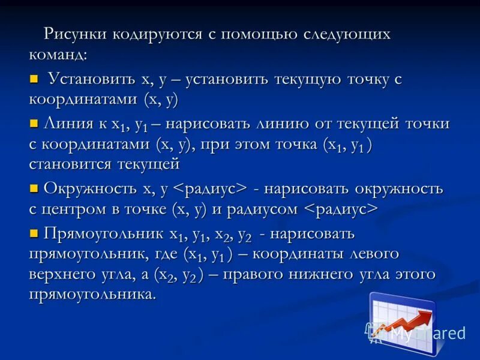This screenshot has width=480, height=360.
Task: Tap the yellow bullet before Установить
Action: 34,79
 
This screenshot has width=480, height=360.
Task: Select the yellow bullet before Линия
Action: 34,124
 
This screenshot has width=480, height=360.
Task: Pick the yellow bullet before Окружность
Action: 34,188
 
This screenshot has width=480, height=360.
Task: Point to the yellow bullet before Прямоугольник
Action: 34,232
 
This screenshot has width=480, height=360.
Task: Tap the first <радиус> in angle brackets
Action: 210,188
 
